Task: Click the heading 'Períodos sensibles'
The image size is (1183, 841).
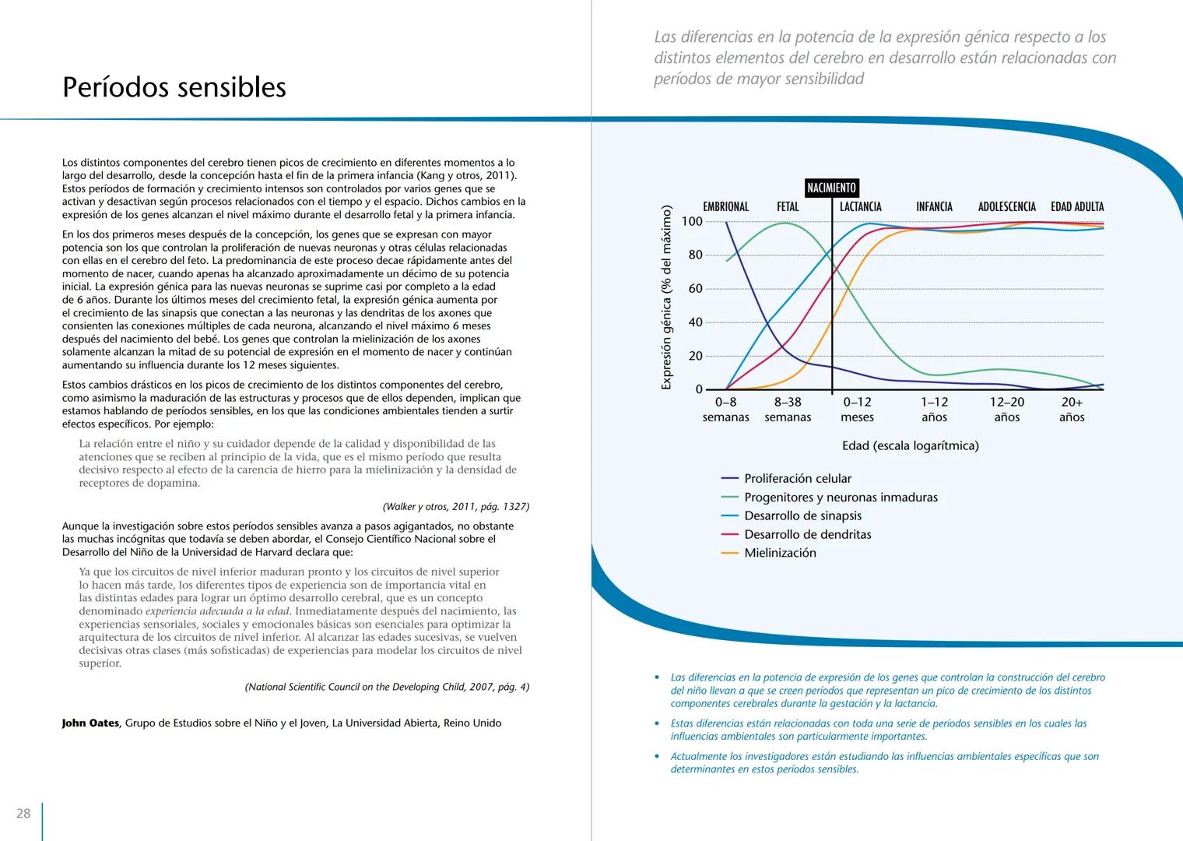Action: click(x=174, y=87)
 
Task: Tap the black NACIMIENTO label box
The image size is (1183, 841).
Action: click(x=831, y=188)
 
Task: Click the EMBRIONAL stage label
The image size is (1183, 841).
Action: click(x=725, y=206)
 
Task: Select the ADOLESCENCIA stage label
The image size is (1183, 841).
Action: click(x=1006, y=206)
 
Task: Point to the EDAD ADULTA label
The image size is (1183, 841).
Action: click(x=1077, y=206)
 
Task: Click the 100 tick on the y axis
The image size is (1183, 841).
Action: click(x=691, y=221)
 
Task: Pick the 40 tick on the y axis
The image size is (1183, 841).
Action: click(x=694, y=322)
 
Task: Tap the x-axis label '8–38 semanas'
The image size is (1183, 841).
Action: click(x=788, y=410)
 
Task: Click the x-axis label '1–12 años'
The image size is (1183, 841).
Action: click(x=934, y=410)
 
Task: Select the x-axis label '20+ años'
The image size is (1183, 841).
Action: click(x=1072, y=410)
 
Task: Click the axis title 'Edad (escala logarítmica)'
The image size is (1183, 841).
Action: click(x=910, y=445)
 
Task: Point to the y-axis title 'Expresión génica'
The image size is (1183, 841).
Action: click(x=666, y=297)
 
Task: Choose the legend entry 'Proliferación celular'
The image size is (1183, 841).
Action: click(x=797, y=479)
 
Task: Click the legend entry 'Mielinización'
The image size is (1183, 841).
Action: click(x=780, y=553)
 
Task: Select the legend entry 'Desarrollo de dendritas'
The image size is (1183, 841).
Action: click(x=807, y=534)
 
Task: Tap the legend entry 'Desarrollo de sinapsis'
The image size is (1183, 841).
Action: click(x=802, y=516)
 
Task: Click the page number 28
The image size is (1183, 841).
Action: click(x=24, y=813)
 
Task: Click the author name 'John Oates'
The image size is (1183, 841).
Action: click(x=90, y=723)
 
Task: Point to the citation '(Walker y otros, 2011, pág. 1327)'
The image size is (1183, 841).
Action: click(x=456, y=507)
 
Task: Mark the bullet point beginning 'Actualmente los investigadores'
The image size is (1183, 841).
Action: click(x=884, y=762)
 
